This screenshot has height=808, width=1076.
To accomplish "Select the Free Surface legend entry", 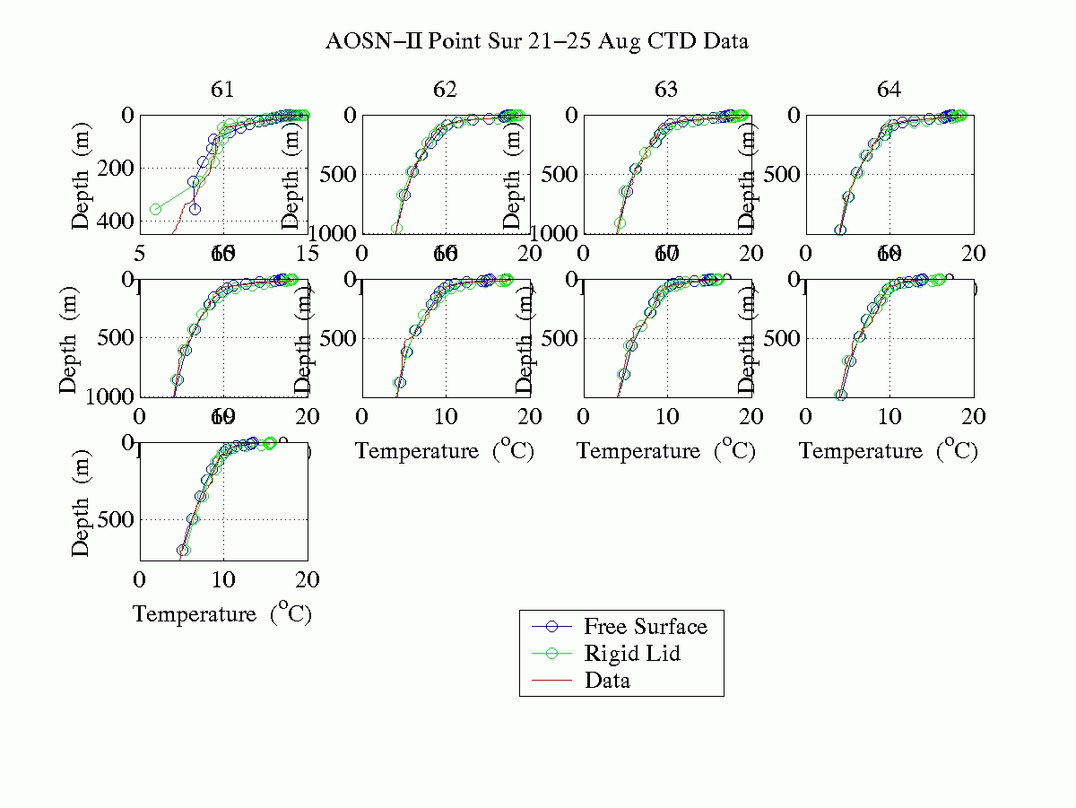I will point(645,626).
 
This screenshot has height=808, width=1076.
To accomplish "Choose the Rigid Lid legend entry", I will point(631,653).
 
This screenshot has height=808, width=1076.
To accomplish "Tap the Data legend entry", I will point(607,680).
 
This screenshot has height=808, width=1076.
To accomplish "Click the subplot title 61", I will point(222,90).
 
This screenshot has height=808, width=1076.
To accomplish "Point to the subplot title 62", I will point(445,90).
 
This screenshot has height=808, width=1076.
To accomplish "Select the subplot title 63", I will point(666,90).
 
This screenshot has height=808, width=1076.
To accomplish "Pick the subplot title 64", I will point(889,90).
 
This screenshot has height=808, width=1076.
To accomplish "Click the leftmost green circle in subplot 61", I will point(155,209).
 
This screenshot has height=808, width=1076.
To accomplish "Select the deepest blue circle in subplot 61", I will point(195,209).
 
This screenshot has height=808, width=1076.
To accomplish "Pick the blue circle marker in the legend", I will point(551,626).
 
